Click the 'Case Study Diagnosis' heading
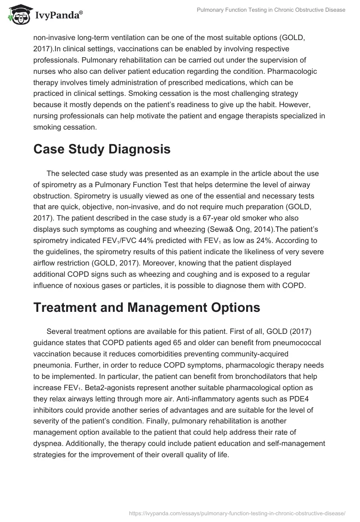click(x=102, y=149)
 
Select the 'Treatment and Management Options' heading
click(x=147, y=307)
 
